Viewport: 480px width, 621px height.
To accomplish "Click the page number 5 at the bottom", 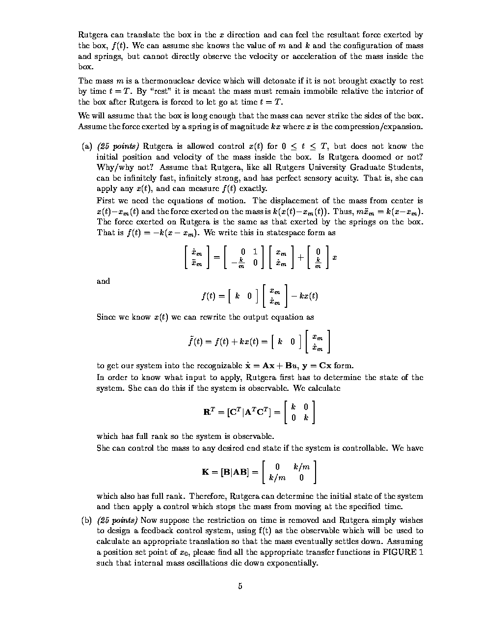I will click(240, 586).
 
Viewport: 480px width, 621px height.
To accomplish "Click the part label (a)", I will click(87, 146).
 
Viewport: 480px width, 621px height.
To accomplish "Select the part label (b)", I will click(87, 520).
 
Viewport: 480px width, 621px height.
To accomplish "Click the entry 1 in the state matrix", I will click(255, 252).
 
